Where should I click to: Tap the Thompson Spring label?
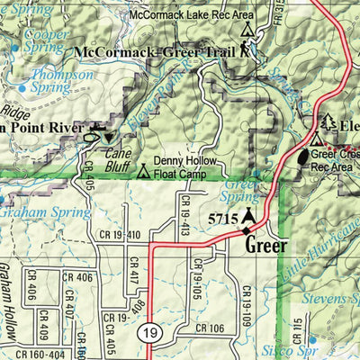pyautogui.click(x=61, y=82)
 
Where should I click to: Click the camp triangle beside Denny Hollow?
pyautogui.click(x=144, y=170)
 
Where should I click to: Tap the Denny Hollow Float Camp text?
pyautogui.click(x=184, y=166)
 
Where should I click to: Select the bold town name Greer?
pyautogui.click(x=265, y=245)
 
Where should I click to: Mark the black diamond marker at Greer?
pyautogui.click(x=247, y=230)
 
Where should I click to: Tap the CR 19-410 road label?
pyautogui.click(x=117, y=236)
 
